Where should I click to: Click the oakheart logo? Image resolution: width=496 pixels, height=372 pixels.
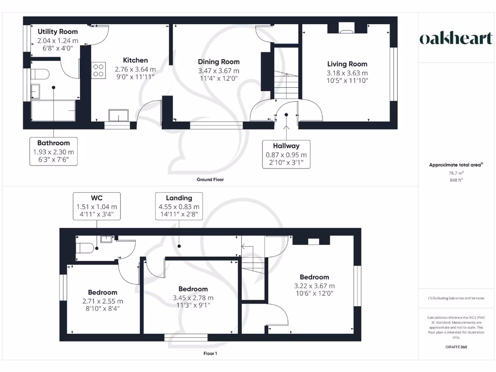pyautogui.click(x=455, y=38)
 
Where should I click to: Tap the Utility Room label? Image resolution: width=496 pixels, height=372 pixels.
pyautogui.click(x=58, y=31)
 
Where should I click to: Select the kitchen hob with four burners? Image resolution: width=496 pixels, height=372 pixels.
pyautogui.click(x=99, y=70)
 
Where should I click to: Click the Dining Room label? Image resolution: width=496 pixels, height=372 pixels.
pyautogui.click(x=218, y=62)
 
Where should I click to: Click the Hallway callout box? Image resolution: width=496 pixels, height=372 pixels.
pyautogui.click(x=286, y=154)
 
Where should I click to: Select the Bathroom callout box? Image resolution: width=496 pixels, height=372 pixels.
pyautogui.click(x=53, y=151)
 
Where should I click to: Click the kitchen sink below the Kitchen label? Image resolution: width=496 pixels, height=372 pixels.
pyautogui.click(x=119, y=115)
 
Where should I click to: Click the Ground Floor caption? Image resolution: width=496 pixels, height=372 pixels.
pyautogui.click(x=210, y=179)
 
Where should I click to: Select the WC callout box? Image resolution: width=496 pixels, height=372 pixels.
pyautogui.click(x=96, y=206)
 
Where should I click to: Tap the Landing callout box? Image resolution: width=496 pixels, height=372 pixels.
pyautogui.click(x=179, y=206)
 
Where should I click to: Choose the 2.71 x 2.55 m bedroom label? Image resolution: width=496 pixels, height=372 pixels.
pyautogui.click(x=102, y=293)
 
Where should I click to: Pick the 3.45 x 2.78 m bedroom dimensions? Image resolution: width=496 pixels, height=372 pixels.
pyautogui.click(x=193, y=298)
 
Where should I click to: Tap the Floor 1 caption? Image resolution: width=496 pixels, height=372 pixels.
pyautogui.click(x=210, y=354)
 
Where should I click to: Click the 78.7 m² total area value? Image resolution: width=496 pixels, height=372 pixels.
pyautogui.click(x=456, y=173)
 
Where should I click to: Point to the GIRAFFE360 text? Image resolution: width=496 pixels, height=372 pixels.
pyautogui.click(x=456, y=347)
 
